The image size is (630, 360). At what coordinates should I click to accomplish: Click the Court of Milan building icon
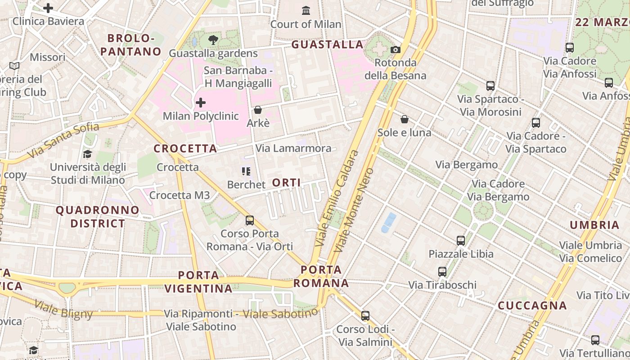[x=306, y=10]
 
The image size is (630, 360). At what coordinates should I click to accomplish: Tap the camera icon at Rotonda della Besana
[x=395, y=49]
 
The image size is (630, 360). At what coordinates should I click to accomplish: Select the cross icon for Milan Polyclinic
[x=201, y=103]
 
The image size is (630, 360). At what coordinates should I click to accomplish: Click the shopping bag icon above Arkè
[x=258, y=110]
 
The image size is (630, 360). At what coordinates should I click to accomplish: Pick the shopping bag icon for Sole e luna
[x=405, y=119]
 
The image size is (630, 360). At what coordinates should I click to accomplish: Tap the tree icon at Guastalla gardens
[x=213, y=40]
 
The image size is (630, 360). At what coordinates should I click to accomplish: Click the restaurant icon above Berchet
[x=246, y=171]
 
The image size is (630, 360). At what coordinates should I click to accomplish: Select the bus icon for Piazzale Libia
[x=460, y=240]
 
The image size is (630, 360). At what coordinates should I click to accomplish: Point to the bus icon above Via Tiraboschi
[x=442, y=272]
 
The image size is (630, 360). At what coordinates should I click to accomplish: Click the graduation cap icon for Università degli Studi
[x=87, y=154]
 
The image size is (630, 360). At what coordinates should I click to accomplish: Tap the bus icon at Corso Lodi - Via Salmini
[x=365, y=316]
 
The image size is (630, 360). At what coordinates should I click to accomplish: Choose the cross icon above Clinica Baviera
[x=48, y=8]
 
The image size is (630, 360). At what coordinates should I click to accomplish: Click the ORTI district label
[x=287, y=182]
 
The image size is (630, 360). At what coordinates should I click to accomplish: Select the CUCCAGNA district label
[x=532, y=306]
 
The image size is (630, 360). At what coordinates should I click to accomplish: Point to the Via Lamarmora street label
[x=293, y=148]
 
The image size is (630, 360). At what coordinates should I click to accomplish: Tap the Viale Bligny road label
[x=63, y=310]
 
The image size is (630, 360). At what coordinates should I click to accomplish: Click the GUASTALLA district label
[x=327, y=44]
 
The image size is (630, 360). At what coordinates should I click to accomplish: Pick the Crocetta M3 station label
[x=179, y=195]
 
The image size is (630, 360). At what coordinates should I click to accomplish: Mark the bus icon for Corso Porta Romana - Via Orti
[x=249, y=220]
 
